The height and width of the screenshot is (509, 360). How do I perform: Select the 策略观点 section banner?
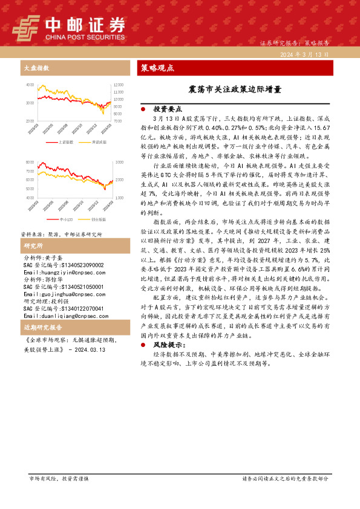click(157, 68)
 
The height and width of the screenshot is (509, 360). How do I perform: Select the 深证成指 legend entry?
click(97, 142)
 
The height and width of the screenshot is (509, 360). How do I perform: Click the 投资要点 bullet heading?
click(167, 109)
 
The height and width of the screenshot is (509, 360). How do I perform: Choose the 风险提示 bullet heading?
click(167, 345)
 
